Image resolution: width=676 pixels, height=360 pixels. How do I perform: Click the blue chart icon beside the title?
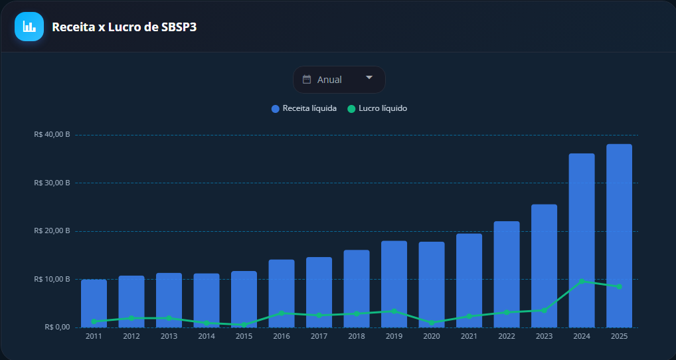pos(29,27)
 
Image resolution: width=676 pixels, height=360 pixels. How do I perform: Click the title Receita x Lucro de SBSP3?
pos(124,27)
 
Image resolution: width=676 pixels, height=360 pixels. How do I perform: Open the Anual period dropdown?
pos(339,80)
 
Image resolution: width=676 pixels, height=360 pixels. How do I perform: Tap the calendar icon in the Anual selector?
pos(307,80)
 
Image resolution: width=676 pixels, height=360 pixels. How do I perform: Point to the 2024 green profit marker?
pos(582,281)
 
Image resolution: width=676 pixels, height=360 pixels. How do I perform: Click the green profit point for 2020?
pos(432,323)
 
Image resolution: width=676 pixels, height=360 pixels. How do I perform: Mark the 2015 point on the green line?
pos(244,325)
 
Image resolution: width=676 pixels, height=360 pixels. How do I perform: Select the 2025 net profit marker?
pos(619,286)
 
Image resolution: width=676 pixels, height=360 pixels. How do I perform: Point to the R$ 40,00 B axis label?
pos(52,134)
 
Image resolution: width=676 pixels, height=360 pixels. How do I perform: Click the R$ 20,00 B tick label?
pos(52,230)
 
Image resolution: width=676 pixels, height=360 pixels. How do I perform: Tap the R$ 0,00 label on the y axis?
pos(56,327)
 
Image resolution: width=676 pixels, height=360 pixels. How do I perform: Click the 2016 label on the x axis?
pos(282,337)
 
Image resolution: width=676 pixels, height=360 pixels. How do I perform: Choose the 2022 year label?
pos(507,337)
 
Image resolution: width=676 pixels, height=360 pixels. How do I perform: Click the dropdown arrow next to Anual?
pos(369,78)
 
